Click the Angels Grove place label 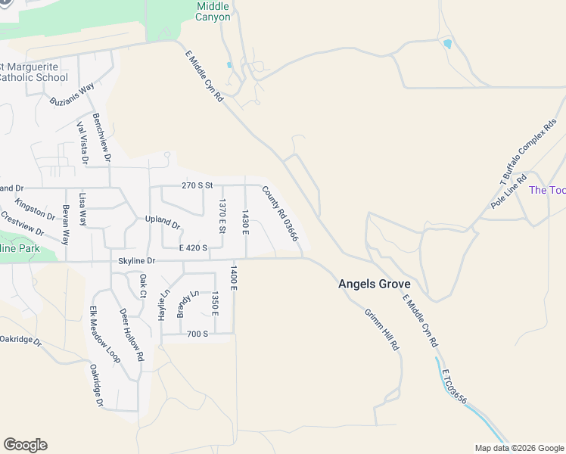[x=374, y=284]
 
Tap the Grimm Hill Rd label [x=381, y=330]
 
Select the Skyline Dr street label [x=136, y=261]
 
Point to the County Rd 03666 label [x=281, y=215]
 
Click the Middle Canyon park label [x=213, y=11]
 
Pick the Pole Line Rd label [x=508, y=191]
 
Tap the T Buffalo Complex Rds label [x=528, y=151]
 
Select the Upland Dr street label [x=163, y=224]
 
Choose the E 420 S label [x=193, y=247]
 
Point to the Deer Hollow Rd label [x=131, y=334]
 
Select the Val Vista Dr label [x=81, y=144]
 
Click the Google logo [x=25, y=445]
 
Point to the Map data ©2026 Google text [x=518, y=448]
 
